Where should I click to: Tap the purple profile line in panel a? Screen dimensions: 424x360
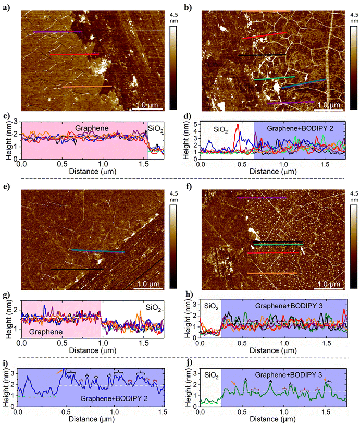pos(57,32)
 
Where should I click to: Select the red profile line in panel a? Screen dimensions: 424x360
pos(74,54)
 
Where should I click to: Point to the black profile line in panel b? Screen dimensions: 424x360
pos(262,55)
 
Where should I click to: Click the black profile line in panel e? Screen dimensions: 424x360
pos(73,269)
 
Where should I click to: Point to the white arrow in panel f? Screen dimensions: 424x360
pos(302,250)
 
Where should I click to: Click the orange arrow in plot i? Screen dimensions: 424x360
pos(60,371)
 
